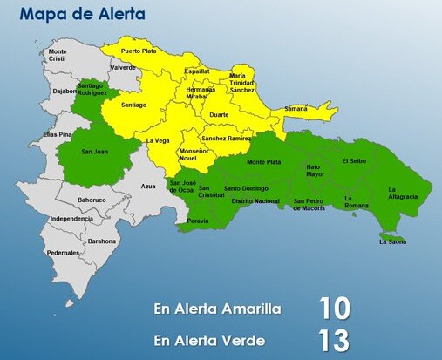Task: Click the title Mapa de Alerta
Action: [82, 15]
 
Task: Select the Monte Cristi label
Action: [58, 55]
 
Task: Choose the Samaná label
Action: [296, 108]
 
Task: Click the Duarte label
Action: [220, 114]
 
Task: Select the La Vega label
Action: [158, 140]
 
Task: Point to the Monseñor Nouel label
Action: [194, 156]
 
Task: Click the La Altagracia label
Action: [404, 194]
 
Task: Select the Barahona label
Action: [102, 241]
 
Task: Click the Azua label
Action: [148, 187]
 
